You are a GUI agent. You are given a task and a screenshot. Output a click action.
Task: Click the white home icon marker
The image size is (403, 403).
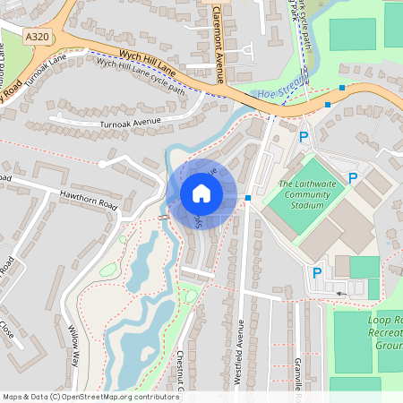click(201, 193)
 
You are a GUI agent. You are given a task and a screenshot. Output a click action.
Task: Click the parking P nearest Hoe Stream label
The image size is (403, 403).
click(304, 137)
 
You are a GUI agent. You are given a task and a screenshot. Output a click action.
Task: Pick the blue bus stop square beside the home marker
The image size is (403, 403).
click(247, 198)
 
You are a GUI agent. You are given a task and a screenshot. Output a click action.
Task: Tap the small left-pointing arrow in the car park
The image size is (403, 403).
click(339, 292)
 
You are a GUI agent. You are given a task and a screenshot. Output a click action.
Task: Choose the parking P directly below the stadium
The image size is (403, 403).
click(316, 273)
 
